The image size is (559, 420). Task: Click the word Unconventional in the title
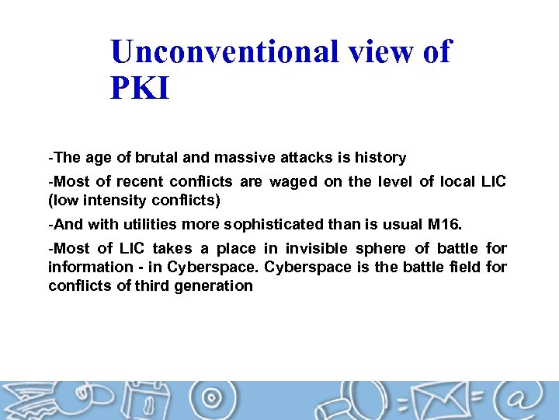point(224,52)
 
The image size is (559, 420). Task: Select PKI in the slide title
point(140,88)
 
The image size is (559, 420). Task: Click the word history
point(380,158)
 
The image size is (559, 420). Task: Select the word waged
point(293,182)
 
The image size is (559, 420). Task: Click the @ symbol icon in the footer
point(522,401)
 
